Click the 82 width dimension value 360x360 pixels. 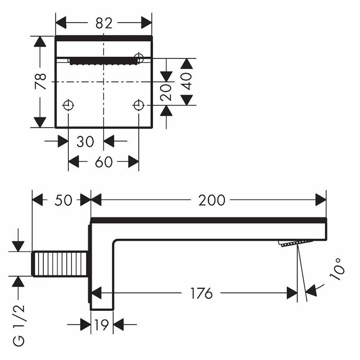pyautogui.click(x=103, y=23)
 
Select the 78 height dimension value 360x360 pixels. pyautogui.click(x=41, y=81)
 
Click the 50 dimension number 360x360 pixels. pyautogui.click(x=63, y=200)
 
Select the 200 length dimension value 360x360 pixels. pyautogui.click(x=211, y=200)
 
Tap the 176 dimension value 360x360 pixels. pyautogui.click(x=201, y=294)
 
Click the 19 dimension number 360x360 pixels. pyautogui.click(x=102, y=324)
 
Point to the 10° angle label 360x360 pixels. pyautogui.click(x=338, y=270)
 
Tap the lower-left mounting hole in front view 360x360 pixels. pyautogui.click(x=68, y=105)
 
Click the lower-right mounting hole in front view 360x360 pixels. pyautogui.click(x=139, y=105)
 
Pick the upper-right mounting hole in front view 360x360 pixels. pyautogui.click(x=139, y=58)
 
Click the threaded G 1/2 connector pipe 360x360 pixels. pyautogui.click(x=60, y=264)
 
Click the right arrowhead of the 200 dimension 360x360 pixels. pyautogui.click(x=321, y=200)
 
